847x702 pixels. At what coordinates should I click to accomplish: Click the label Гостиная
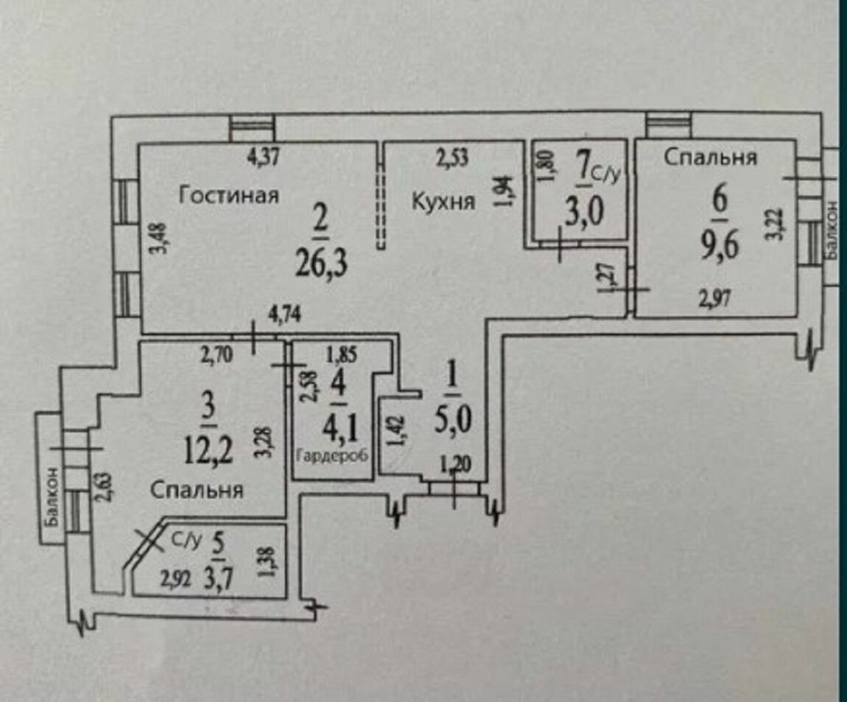[x=230, y=196]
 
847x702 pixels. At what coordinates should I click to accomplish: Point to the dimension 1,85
[x=342, y=354]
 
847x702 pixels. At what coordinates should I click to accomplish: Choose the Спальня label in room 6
[x=711, y=157]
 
